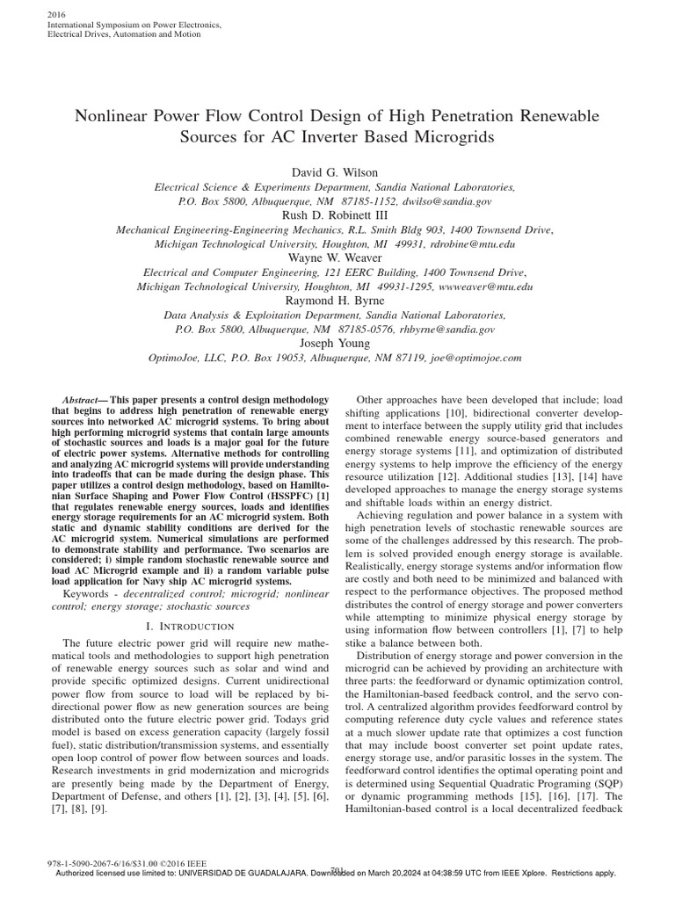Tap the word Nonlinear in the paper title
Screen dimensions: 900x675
tap(111, 116)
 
